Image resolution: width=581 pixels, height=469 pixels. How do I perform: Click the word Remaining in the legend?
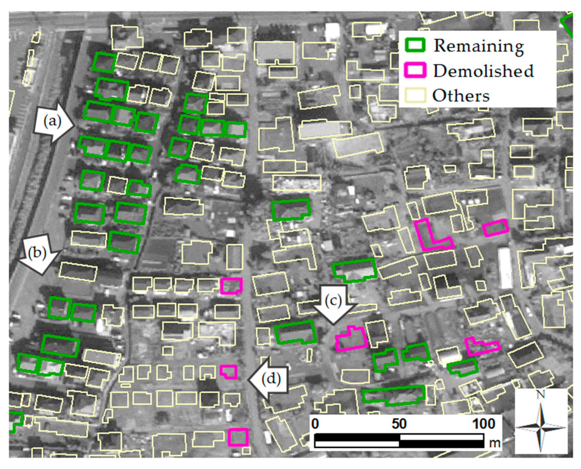tap(478, 46)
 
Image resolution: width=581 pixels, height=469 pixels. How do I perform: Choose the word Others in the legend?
tap(461, 96)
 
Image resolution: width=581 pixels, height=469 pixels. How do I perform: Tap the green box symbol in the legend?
tap(415, 45)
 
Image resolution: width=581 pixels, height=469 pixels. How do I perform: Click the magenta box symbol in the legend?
tap(415, 70)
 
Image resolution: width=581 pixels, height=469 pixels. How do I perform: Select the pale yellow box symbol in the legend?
tap(415, 95)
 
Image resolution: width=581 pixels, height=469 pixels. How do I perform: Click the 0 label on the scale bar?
tap(315, 424)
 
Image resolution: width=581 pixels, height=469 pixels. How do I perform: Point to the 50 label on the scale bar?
tap(399, 424)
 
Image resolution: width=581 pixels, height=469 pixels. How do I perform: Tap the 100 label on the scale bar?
tap(484, 424)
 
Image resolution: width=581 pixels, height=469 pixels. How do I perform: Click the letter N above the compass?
tap(540, 394)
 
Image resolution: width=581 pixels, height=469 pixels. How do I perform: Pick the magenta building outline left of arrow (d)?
tap(229, 372)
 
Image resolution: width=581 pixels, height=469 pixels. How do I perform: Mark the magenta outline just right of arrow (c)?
tap(351, 339)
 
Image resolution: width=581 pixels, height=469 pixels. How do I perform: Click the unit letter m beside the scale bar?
tap(495, 443)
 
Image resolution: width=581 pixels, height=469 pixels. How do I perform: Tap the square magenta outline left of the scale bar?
tap(238, 437)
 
